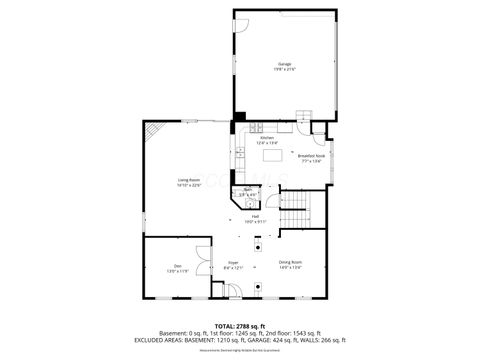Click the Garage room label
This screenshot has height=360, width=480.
tap(285, 64)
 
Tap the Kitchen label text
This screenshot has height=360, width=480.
tap(267, 138)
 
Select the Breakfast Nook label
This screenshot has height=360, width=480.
tap(311, 155)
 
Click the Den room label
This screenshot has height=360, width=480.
tap(176, 265)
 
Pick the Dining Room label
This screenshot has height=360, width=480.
tap(291, 262)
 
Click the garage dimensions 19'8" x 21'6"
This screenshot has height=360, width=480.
tap(285, 70)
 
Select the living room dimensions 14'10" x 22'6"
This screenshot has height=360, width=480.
tap(189, 185)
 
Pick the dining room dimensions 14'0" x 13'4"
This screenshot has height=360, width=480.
tap(291, 268)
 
